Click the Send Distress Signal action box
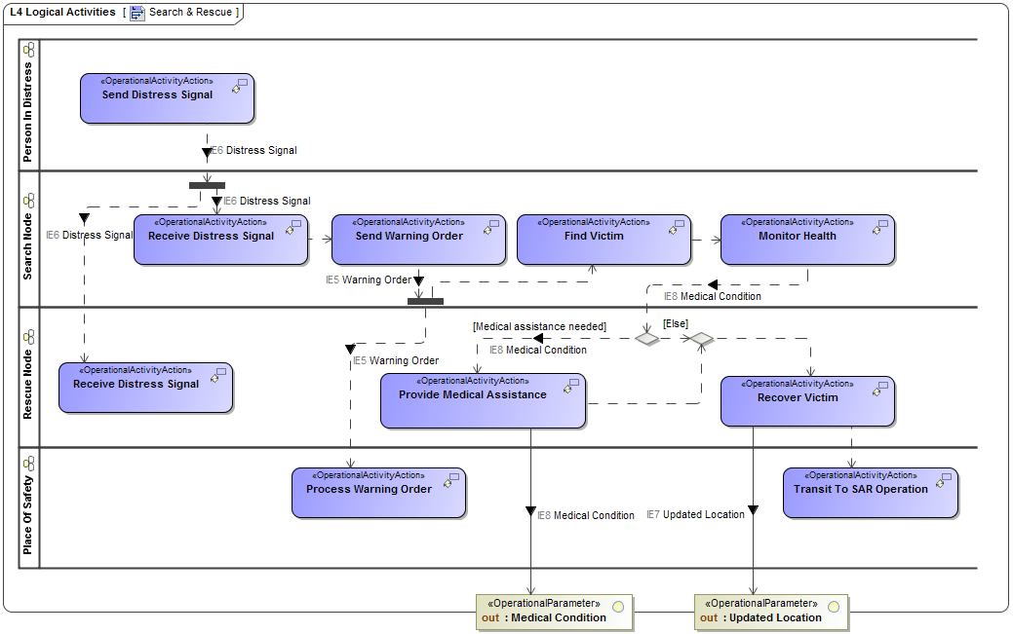pos(167,98)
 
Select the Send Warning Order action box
pos(418,240)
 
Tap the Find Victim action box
pos(604,240)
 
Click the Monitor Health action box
pos(807,240)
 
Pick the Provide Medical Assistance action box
pos(483,400)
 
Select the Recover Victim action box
pos(807,401)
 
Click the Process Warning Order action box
pos(378,493)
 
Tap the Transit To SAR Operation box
pos(870,493)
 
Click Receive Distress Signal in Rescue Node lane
pos(145,388)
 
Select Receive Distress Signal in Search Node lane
pos(220,240)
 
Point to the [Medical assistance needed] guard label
pos(539,326)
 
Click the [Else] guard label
pos(676,322)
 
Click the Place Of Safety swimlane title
pos(27,506)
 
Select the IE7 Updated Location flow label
pos(695,514)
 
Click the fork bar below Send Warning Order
pos(425,301)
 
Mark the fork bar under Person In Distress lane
pos(207,185)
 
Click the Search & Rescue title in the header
pos(190,12)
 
